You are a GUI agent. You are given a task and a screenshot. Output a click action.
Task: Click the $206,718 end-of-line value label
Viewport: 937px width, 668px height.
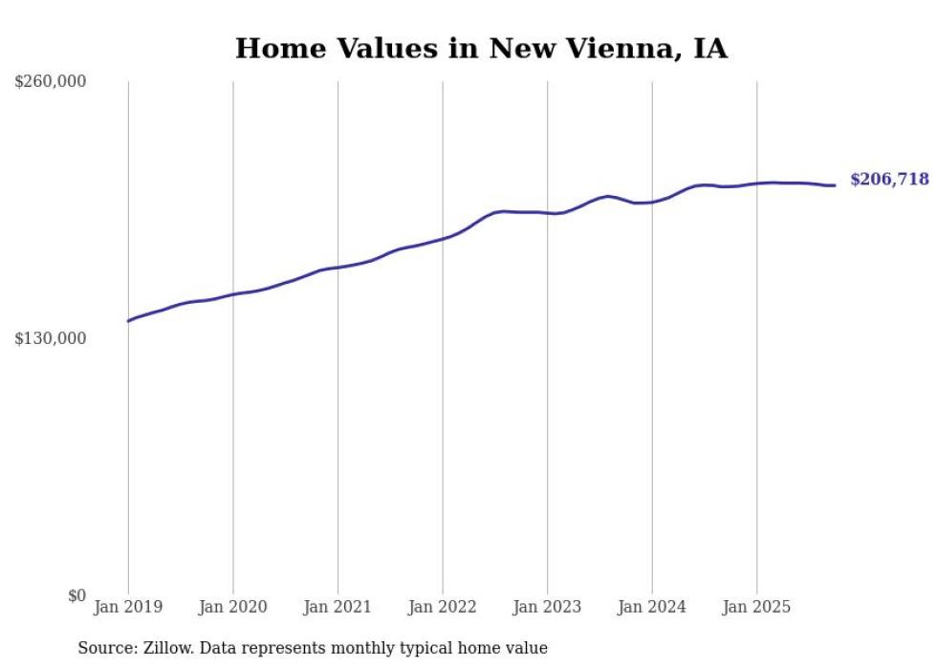[888, 180]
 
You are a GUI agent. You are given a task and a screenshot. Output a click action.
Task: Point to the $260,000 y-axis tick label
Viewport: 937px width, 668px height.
[51, 81]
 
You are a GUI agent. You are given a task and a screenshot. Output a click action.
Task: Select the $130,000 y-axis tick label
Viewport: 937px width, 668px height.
[51, 338]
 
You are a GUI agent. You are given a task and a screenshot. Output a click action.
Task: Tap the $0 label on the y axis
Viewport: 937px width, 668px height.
[76, 595]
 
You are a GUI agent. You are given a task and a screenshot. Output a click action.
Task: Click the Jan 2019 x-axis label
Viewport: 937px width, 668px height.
[128, 607]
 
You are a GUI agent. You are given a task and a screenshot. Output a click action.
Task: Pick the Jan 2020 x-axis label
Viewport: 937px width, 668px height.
[232, 607]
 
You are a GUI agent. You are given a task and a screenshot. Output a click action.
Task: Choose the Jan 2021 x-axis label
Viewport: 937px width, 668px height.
[338, 607]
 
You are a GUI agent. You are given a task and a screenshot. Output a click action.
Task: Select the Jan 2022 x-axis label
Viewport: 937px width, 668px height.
[442, 607]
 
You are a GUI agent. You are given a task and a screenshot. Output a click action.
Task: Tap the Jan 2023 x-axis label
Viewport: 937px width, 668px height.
[547, 607]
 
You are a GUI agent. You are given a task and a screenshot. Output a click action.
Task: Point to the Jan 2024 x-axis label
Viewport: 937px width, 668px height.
[652, 607]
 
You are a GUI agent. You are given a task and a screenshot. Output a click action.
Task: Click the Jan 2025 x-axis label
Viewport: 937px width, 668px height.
[756, 607]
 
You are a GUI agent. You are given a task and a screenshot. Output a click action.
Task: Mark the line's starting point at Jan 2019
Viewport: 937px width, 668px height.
[128, 321]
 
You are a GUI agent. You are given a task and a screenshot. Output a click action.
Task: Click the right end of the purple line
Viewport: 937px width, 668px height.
[836, 185]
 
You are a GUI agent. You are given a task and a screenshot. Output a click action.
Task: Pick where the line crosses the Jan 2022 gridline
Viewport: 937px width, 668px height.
[442, 238]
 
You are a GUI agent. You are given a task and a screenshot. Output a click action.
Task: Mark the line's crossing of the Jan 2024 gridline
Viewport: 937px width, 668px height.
[652, 202]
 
